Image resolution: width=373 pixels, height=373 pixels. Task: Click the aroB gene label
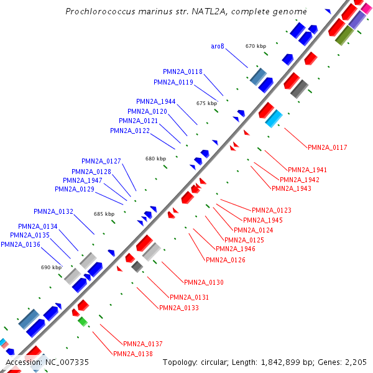click(x=217, y=46)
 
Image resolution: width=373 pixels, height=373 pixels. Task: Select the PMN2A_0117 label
click(x=327, y=147)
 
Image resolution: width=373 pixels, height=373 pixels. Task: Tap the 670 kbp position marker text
click(x=256, y=46)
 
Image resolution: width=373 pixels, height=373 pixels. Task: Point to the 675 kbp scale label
click(x=206, y=103)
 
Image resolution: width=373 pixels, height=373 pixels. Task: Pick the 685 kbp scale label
click(x=104, y=214)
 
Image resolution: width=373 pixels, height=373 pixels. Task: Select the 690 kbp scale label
click(x=52, y=267)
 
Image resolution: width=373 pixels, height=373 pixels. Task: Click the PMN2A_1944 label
click(x=156, y=101)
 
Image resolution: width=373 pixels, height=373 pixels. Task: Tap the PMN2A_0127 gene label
click(x=101, y=161)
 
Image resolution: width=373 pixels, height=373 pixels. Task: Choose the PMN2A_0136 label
click(x=21, y=244)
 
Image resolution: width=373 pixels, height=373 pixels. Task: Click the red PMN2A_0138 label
click(x=132, y=353)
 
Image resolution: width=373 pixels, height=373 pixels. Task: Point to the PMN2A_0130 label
click(x=204, y=282)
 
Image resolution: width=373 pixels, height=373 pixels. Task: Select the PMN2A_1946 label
click(x=236, y=249)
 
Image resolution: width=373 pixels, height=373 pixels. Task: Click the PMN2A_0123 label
click(x=271, y=211)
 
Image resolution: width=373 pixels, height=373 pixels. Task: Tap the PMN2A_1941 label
click(x=307, y=170)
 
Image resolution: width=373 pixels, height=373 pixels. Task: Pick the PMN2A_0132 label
click(x=53, y=212)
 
